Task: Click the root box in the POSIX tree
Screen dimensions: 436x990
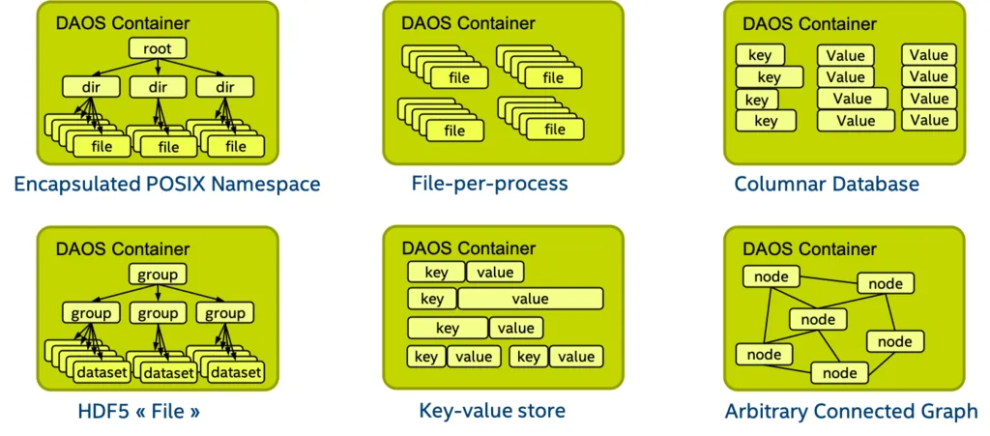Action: [x=158, y=49]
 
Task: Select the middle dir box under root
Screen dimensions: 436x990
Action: [x=159, y=87]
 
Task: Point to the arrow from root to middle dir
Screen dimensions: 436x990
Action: [x=158, y=68]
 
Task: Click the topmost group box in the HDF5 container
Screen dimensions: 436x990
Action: [x=157, y=275]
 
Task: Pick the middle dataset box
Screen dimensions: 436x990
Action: [x=169, y=372]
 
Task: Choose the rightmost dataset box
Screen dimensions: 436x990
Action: [x=236, y=372]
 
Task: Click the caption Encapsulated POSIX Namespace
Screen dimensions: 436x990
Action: [x=166, y=184]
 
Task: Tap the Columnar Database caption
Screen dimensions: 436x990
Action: [x=827, y=184]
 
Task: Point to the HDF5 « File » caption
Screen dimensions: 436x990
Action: [x=139, y=412]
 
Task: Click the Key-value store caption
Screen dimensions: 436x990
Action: [x=492, y=411]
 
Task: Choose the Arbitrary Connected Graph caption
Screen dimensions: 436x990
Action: [x=851, y=412]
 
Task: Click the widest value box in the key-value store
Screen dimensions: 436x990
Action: [x=531, y=299]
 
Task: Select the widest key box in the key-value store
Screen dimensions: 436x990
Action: [x=448, y=328]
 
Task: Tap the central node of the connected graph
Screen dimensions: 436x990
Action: [x=818, y=319]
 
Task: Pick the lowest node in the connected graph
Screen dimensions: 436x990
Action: [x=839, y=372]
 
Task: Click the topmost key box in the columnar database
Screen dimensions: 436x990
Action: [x=760, y=55]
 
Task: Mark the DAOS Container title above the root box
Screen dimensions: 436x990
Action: [x=123, y=23]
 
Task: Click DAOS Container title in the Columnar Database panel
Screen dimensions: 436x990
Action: [x=809, y=24]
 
